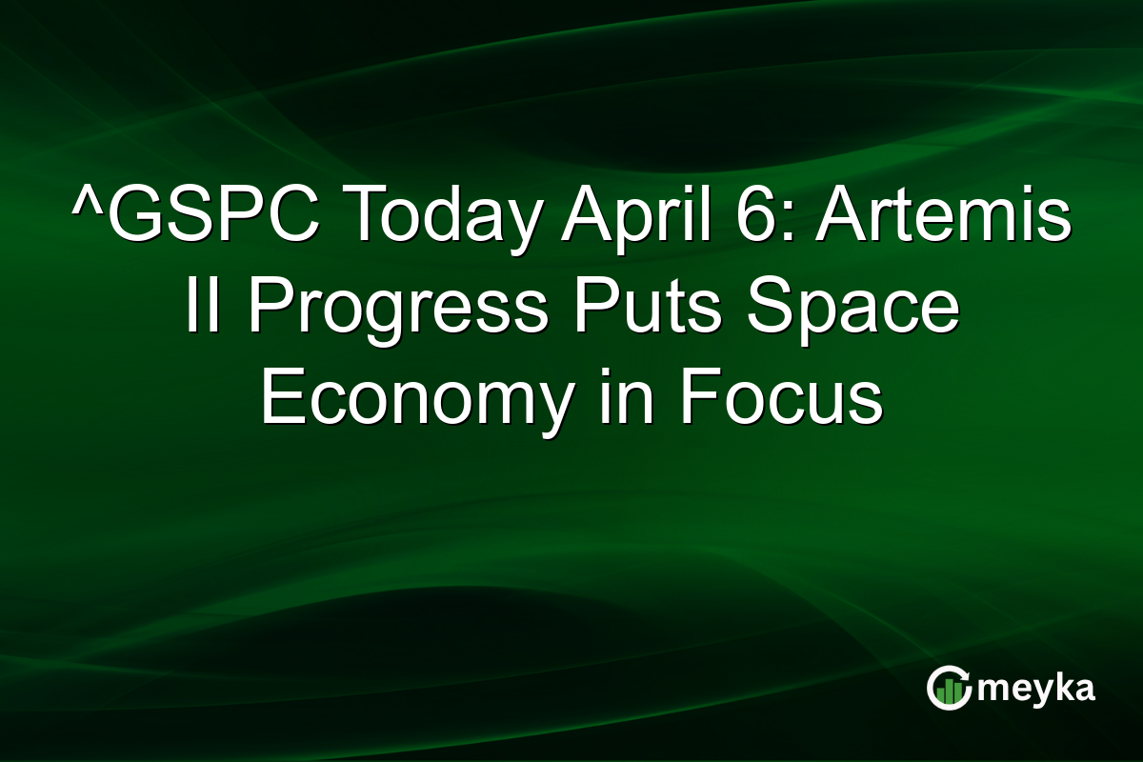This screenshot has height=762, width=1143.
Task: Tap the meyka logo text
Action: (1039, 689)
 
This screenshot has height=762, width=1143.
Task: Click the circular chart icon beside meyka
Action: (949, 689)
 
